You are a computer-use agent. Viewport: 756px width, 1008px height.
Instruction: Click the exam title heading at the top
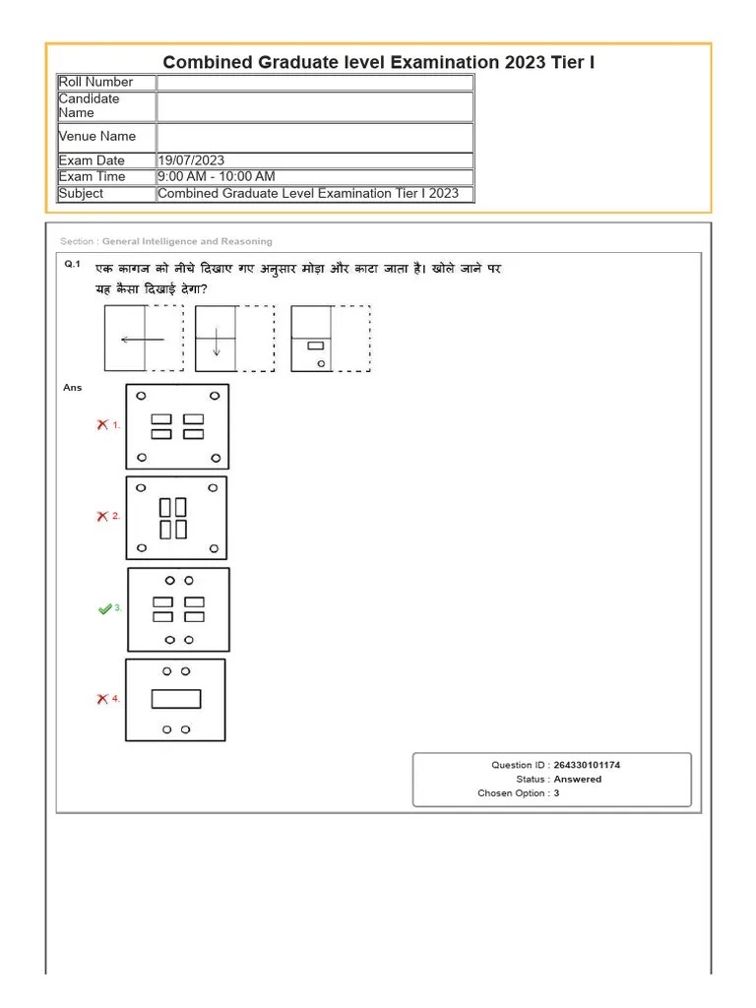pyautogui.click(x=378, y=62)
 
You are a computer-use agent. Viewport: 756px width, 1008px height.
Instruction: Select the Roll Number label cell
pyautogui.click(x=95, y=82)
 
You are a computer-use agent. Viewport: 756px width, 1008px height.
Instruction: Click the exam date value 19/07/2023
pyautogui.click(x=191, y=160)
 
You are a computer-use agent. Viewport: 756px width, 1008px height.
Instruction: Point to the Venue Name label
pyautogui.click(x=97, y=136)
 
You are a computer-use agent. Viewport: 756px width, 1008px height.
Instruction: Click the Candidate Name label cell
pyautogui.click(x=90, y=105)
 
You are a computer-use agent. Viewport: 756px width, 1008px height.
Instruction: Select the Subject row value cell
pyautogui.click(x=308, y=194)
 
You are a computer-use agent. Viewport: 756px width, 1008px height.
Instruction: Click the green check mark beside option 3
pyautogui.click(x=104, y=609)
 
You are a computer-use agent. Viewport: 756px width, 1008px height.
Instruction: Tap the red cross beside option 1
pyautogui.click(x=101, y=424)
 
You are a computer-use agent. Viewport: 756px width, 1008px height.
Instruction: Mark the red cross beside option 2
pyautogui.click(x=101, y=516)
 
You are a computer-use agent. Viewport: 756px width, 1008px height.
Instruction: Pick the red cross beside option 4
pyautogui.click(x=101, y=699)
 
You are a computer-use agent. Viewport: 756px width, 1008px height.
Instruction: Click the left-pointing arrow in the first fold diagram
pyautogui.click(x=142, y=340)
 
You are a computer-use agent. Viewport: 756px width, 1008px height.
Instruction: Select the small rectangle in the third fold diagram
pyautogui.click(x=316, y=346)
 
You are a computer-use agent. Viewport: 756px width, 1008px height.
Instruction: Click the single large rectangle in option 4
pyautogui.click(x=176, y=699)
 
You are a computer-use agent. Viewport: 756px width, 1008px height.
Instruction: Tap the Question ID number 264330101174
pyautogui.click(x=587, y=765)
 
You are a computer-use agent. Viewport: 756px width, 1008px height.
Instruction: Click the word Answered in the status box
pyautogui.click(x=578, y=779)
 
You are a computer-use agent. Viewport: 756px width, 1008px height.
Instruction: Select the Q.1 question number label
pyautogui.click(x=72, y=264)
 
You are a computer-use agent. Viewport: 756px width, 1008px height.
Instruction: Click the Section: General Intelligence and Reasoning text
pyautogui.click(x=166, y=241)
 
